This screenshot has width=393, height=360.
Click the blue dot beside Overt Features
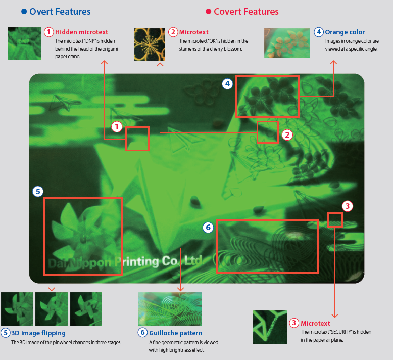[24, 12]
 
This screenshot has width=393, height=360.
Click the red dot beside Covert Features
[208, 12]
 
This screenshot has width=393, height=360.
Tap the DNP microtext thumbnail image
[24, 43]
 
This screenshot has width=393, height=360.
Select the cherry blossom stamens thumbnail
[150, 44]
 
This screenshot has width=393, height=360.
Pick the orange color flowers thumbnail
[287, 43]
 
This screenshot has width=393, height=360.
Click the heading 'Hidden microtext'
[81, 32]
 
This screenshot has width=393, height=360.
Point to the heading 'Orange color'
[345, 32]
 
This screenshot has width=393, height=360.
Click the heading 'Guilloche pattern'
[175, 333]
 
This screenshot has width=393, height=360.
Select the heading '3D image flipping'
[38, 333]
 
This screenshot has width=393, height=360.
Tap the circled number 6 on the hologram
[208, 228]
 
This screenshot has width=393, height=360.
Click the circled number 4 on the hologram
[227, 84]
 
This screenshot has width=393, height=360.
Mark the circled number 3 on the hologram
[348, 206]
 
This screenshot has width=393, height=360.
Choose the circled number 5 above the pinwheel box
[38, 192]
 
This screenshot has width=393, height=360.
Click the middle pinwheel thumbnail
[52, 309]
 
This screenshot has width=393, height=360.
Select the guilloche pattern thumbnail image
[170, 309]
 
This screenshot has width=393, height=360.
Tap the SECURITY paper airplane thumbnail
[270, 327]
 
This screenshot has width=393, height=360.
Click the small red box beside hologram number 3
[334, 220]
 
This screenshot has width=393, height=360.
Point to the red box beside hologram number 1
[137, 139]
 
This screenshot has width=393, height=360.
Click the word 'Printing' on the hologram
[136, 262]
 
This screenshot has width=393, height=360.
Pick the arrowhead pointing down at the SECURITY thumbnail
[335, 316]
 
